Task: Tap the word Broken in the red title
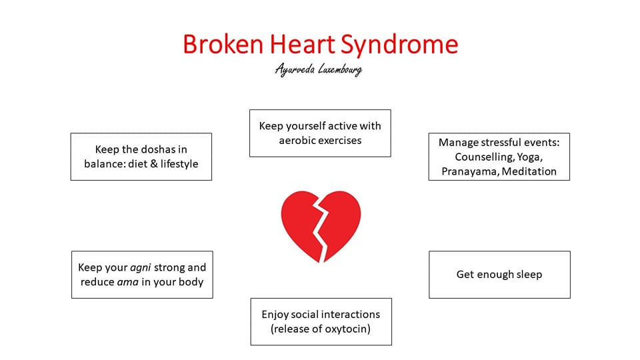pyautogui.click(x=223, y=44)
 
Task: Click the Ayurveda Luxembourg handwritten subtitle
pyautogui.click(x=319, y=69)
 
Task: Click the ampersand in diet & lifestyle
pyautogui.click(x=153, y=164)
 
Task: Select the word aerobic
pyautogui.click(x=297, y=141)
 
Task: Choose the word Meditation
pyautogui.click(x=529, y=171)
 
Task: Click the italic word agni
pyautogui.click(x=141, y=268)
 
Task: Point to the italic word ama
pyautogui.click(x=128, y=282)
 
